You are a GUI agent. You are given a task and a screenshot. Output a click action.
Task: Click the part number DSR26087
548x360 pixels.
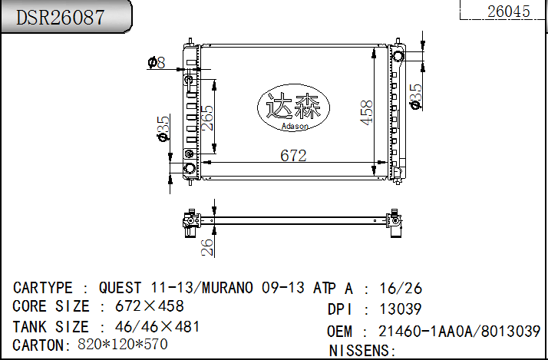[61, 18]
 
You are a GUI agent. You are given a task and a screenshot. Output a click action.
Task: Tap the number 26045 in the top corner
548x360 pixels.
[508, 11]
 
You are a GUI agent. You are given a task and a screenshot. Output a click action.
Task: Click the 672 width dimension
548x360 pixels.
[293, 156]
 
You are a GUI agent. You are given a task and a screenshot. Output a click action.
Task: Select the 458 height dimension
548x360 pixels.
[367, 113]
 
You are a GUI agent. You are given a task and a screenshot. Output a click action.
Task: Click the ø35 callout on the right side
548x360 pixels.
[415, 96]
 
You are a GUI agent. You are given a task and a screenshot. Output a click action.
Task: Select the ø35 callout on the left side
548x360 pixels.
[163, 128]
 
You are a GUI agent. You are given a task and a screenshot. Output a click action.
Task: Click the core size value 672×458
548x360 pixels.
[149, 306]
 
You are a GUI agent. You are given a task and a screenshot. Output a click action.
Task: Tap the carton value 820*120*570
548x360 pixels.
[122, 345]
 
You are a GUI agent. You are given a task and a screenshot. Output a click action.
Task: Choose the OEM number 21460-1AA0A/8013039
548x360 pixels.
[460, 332]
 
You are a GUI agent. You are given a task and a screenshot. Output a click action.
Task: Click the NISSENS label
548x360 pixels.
[361, 351]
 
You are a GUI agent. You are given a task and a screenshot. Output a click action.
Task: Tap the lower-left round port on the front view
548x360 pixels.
[190, 168]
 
